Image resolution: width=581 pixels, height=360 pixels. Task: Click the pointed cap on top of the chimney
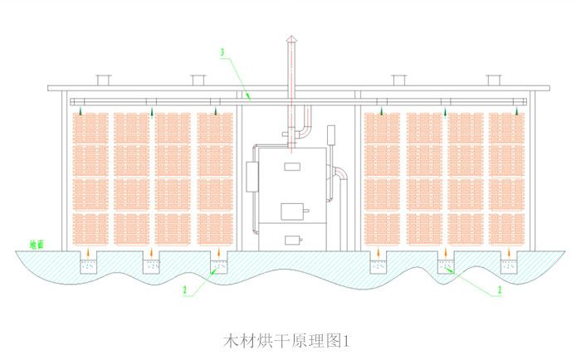coord(290,39)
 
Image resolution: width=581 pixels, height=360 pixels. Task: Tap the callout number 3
coord(222,53)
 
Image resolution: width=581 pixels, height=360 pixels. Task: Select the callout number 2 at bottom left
coord(186,290)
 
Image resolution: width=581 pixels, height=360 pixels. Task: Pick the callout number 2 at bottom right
coord(500,290)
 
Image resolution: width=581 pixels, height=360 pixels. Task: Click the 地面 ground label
coord(37,245)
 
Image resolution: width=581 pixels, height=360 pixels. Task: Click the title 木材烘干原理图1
coord(290,340)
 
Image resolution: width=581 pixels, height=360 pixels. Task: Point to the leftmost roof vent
coord(103,80)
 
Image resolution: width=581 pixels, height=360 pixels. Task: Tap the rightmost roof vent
coord(493,80)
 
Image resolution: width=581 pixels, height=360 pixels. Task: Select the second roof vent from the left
coord(198,80)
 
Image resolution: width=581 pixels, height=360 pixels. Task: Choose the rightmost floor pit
coord(510,265)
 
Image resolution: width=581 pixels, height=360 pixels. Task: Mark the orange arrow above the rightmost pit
coord(510,253)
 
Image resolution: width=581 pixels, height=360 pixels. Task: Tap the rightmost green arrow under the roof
coord(518,110)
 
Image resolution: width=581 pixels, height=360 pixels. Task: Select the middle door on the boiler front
coord(291,211)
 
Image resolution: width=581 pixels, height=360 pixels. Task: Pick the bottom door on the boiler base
coord(291,241)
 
